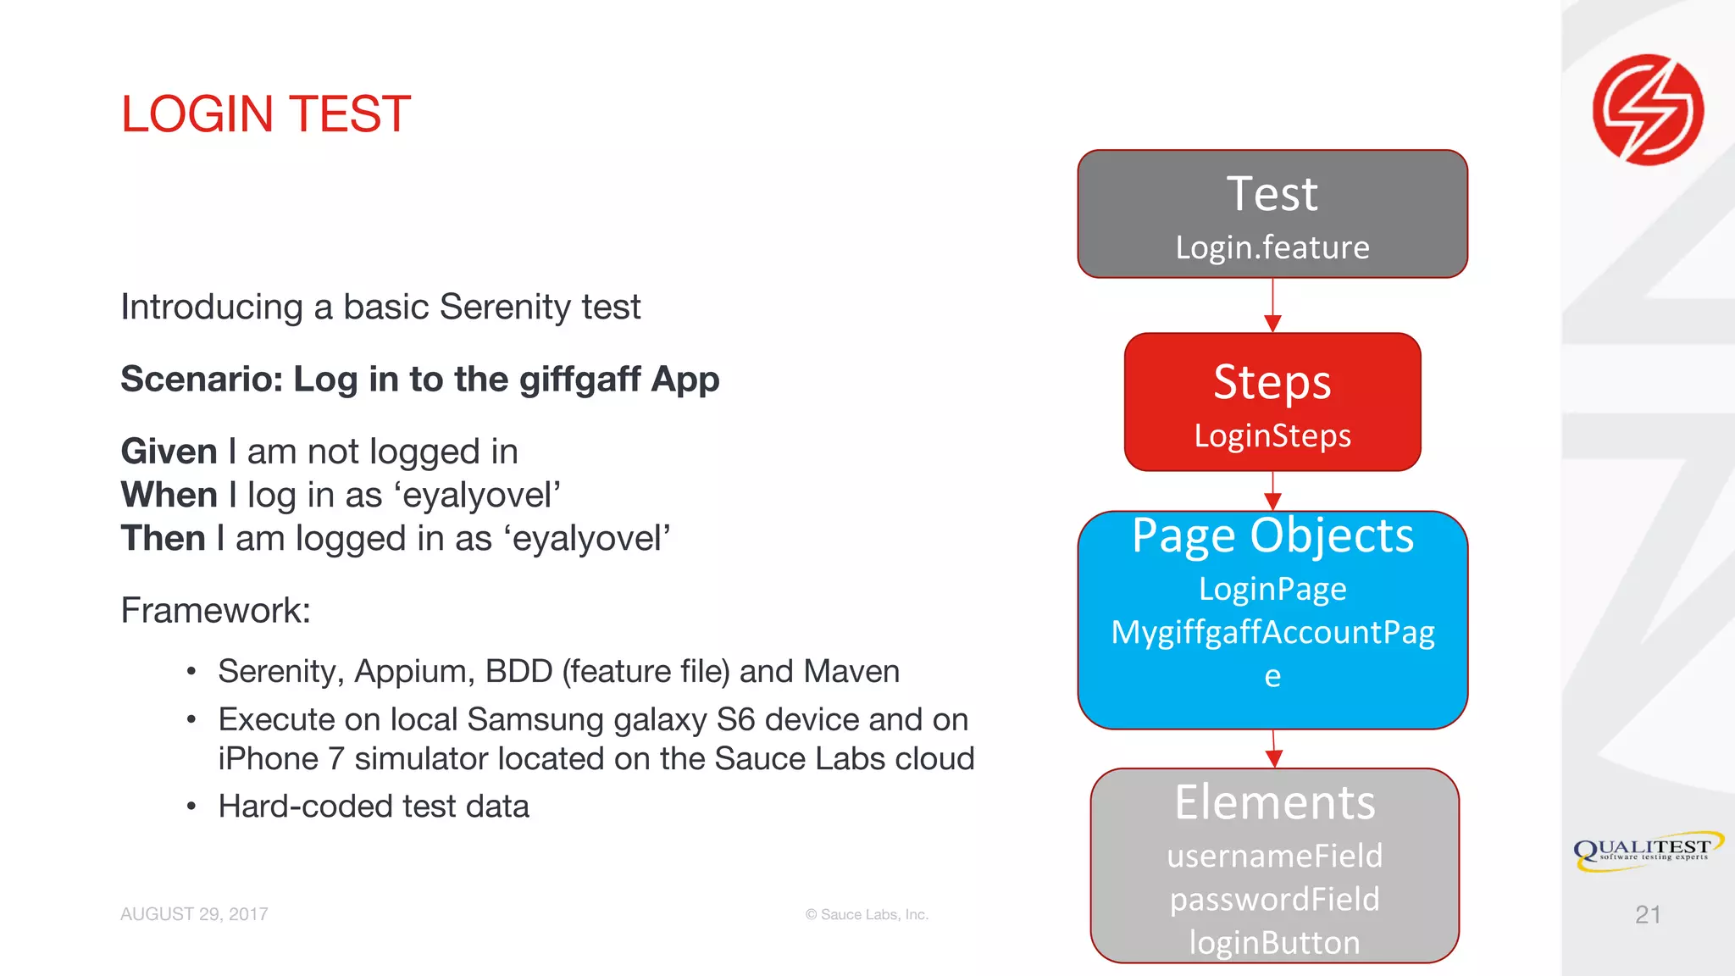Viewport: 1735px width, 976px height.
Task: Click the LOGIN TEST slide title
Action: pos(265,114)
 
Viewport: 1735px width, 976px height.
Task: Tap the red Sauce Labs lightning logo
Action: pos(1648,109)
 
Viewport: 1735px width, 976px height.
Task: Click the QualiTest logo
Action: pos(1647,850)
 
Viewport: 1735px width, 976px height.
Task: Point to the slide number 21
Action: pos(1647,914)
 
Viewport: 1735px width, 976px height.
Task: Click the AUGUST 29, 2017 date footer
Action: pos(194,914)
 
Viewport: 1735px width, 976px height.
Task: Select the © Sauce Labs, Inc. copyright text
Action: pos(867,914)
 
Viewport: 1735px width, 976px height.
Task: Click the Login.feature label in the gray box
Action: pos(1272,247)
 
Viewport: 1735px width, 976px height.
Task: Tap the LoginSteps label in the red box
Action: pos(1272,435)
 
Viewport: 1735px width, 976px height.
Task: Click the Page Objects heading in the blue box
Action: pos(1272,535)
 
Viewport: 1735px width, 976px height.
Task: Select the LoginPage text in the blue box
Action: pos(1272,589)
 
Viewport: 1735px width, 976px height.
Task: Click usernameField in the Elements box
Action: pos(1274,856)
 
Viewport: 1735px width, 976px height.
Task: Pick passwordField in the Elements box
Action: pos(1274,899)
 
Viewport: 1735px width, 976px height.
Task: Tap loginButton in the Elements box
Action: pos(1274,942)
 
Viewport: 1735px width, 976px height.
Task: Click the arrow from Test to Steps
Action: pos(1272,306)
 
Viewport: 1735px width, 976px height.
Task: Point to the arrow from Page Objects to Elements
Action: pos(1273,749)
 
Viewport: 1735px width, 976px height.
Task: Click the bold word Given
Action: pos(169,452)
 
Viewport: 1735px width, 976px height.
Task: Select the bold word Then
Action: pos(163,538)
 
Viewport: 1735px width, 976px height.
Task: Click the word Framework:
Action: pos(215,610)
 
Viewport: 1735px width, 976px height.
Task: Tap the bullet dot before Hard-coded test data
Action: pos(191,807)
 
